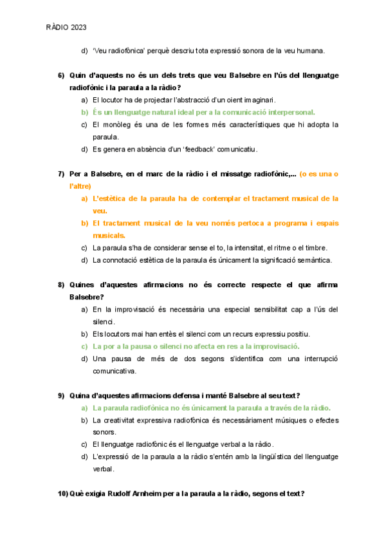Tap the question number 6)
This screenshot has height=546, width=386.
pos(61,75)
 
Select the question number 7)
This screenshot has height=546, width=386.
pos(61,174)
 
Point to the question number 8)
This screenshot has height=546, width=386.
pos(61,285)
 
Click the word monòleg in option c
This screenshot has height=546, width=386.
pos(126,124)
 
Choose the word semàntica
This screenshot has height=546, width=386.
pos(311,260)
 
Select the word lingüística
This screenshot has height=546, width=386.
pos(255,457)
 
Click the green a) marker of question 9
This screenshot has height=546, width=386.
pos(85,408)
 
